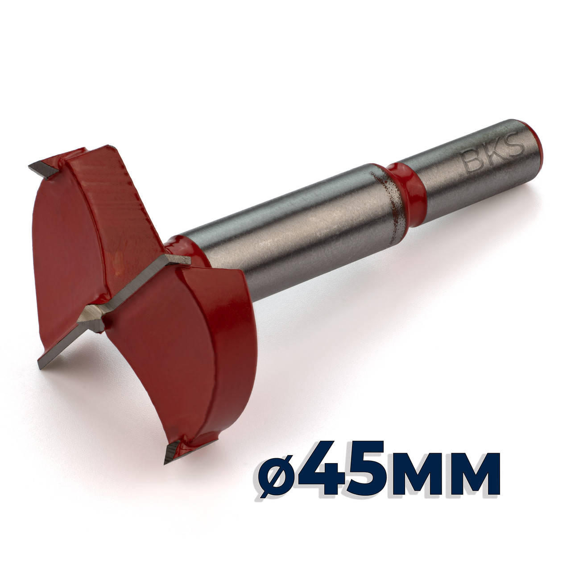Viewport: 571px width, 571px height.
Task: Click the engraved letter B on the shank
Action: [x=472, y=162]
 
